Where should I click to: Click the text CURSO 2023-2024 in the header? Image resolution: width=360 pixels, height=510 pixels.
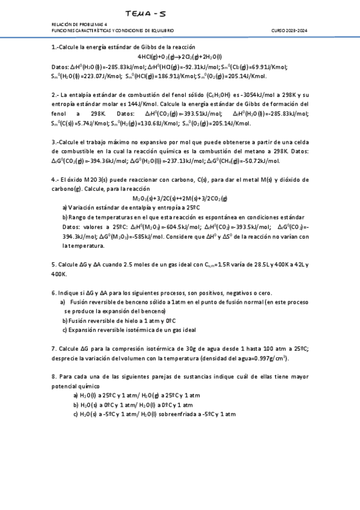click(289, 30)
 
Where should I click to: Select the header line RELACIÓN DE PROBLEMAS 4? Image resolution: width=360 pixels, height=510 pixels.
click(76, 25)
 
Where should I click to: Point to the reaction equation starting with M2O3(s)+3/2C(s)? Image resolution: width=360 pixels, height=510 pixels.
click(180, 198)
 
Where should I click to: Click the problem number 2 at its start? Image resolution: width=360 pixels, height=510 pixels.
click(53, 95)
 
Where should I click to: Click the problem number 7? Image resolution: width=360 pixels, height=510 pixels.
click(53, 348)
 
